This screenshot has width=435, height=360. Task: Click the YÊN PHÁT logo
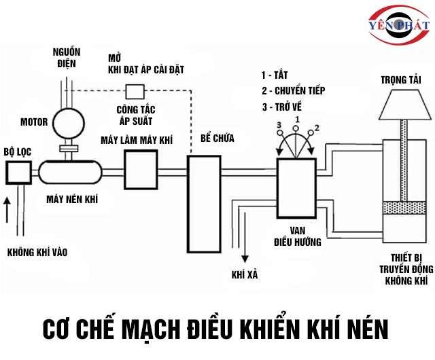(399, 25)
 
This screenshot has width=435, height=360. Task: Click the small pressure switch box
(135, 91)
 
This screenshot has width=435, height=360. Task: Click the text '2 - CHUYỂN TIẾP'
(293, 91)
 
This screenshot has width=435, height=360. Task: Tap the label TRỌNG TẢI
(400, 79)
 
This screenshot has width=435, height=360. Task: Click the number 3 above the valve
(279, 125)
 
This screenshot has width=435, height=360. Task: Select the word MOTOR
(34, 123)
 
